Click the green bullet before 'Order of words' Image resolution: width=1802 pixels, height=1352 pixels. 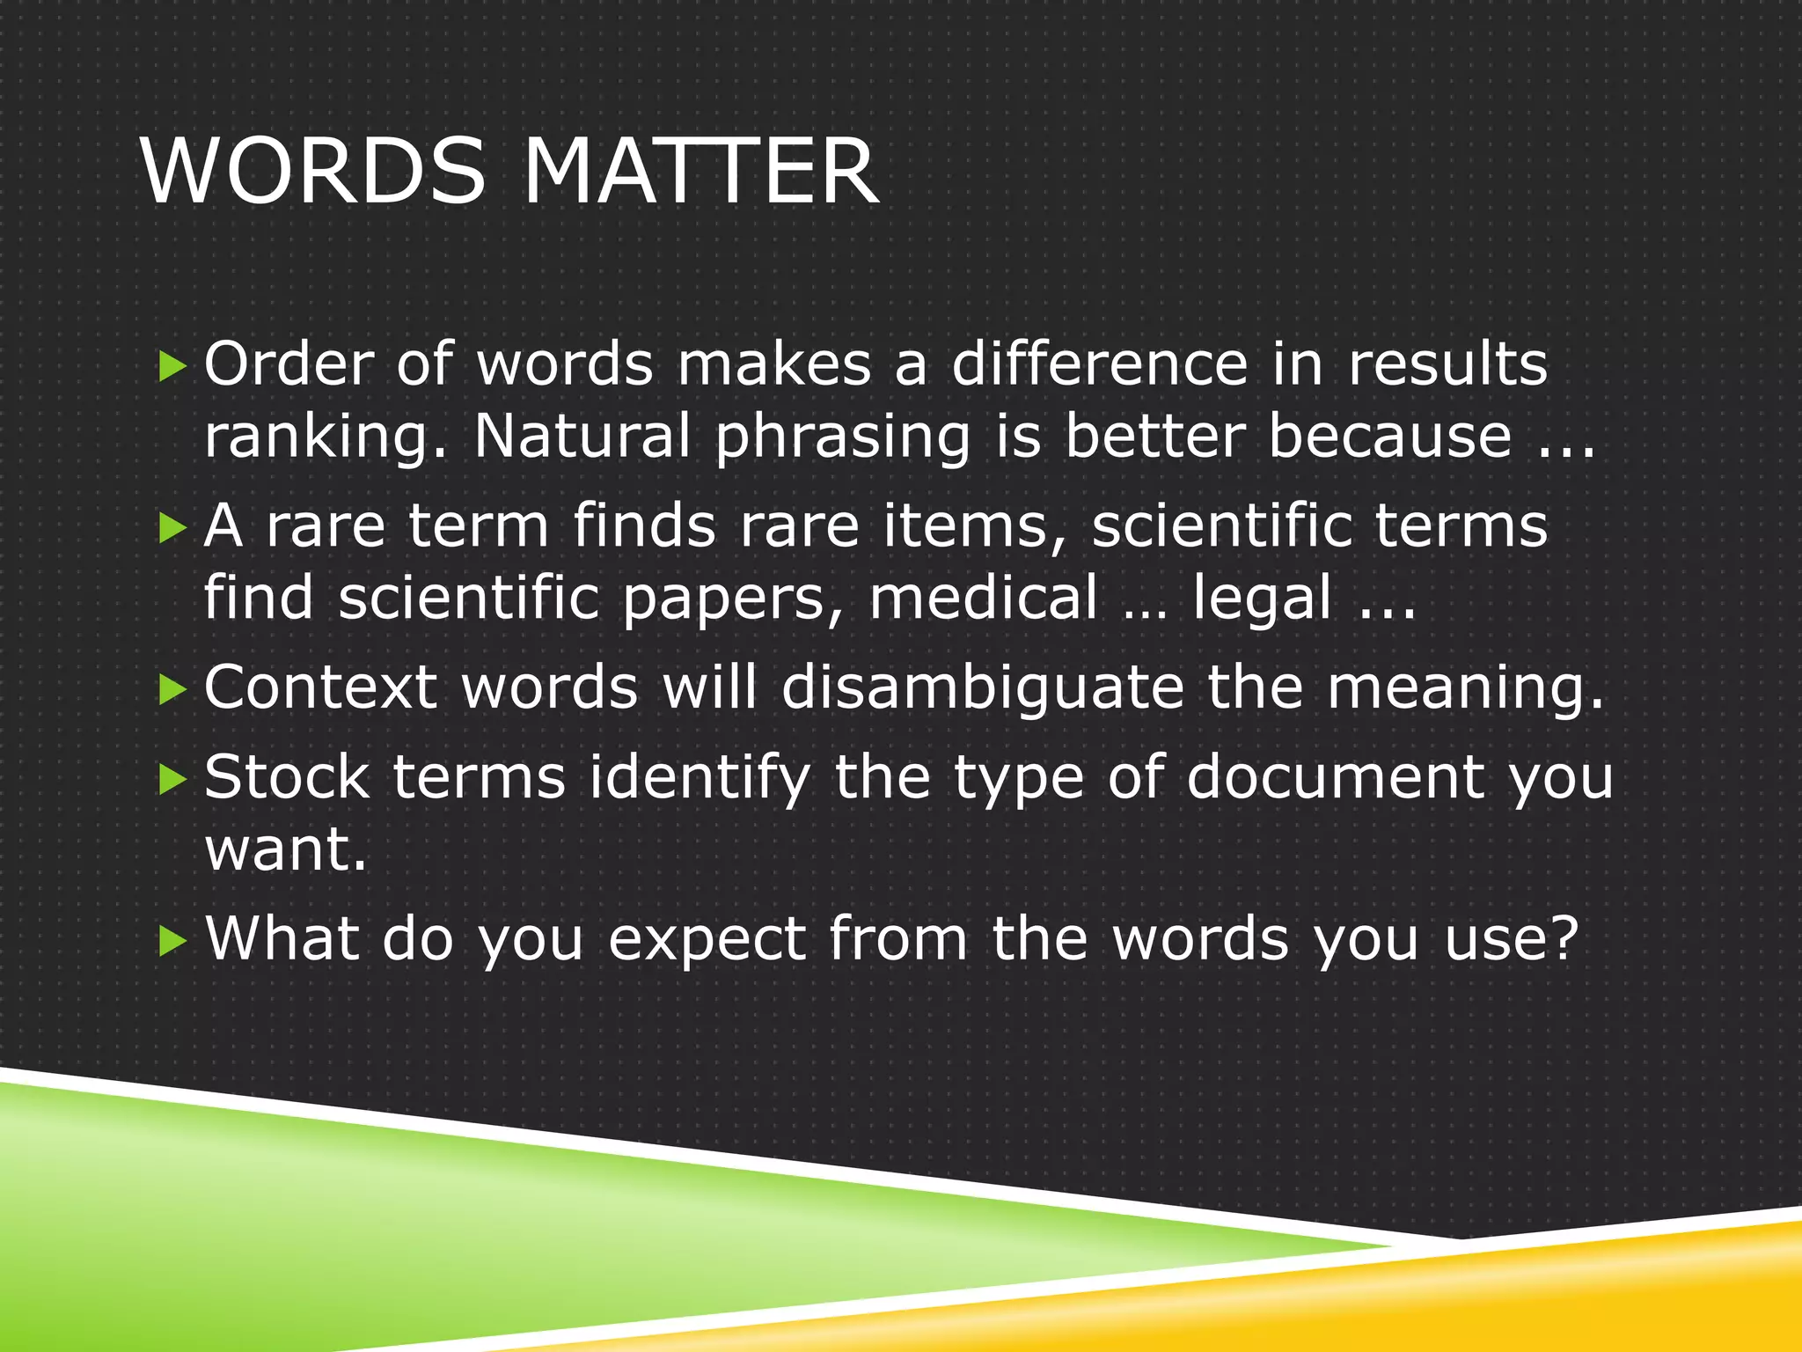tap(172, 366)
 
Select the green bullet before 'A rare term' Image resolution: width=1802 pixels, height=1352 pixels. tap(172, 528)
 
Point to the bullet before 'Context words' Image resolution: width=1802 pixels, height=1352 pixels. tap(172, 690)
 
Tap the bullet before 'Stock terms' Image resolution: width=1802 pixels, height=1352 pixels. tap(172, 779)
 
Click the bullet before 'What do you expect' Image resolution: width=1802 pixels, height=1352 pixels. tap(172, 941)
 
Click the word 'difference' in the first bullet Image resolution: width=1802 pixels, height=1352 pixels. tap(1099, 364)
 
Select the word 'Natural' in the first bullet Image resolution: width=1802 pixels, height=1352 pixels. tap(582, 437)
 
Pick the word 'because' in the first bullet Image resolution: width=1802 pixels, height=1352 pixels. tap(1389, 437)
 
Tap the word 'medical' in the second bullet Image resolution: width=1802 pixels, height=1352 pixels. tap(984, 599)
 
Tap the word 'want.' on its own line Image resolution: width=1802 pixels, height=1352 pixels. tap(285, 850)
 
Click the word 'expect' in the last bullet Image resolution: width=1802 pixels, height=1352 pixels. tap(707, 940)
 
